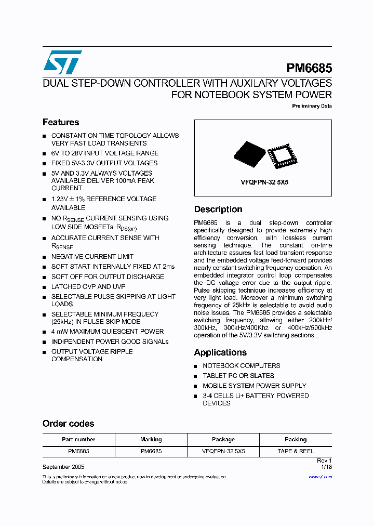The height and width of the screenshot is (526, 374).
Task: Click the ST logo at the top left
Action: point(62,62)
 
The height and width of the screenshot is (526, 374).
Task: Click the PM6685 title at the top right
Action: point(309,69)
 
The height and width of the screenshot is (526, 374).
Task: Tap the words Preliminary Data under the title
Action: point(312,106)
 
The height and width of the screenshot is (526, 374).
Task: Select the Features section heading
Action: point(61,123)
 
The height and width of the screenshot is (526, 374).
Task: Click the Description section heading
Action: point(218,209)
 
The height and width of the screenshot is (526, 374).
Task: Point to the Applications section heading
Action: point(220,352)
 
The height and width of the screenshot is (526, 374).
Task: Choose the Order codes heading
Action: point(68,424)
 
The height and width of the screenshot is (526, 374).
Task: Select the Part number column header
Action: point(78,439)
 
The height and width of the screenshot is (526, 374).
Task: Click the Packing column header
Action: point(296,439)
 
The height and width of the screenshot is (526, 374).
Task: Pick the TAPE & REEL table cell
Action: point(296,451)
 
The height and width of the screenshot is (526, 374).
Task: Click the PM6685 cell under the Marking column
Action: point(151,451)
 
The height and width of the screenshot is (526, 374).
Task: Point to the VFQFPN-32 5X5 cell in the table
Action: point(223,451)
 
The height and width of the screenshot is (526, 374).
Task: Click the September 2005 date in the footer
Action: point(63,467)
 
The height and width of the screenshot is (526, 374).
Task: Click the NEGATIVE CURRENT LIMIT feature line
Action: point(92,257)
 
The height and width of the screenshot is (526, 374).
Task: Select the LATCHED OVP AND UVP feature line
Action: point(88,287)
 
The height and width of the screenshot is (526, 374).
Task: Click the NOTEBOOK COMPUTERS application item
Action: point(241,366)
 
